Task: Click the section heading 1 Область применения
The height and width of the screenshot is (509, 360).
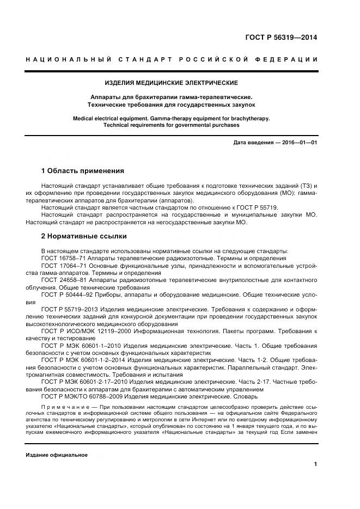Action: [83, 171]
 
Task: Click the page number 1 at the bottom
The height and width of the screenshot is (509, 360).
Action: [315, 464]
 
